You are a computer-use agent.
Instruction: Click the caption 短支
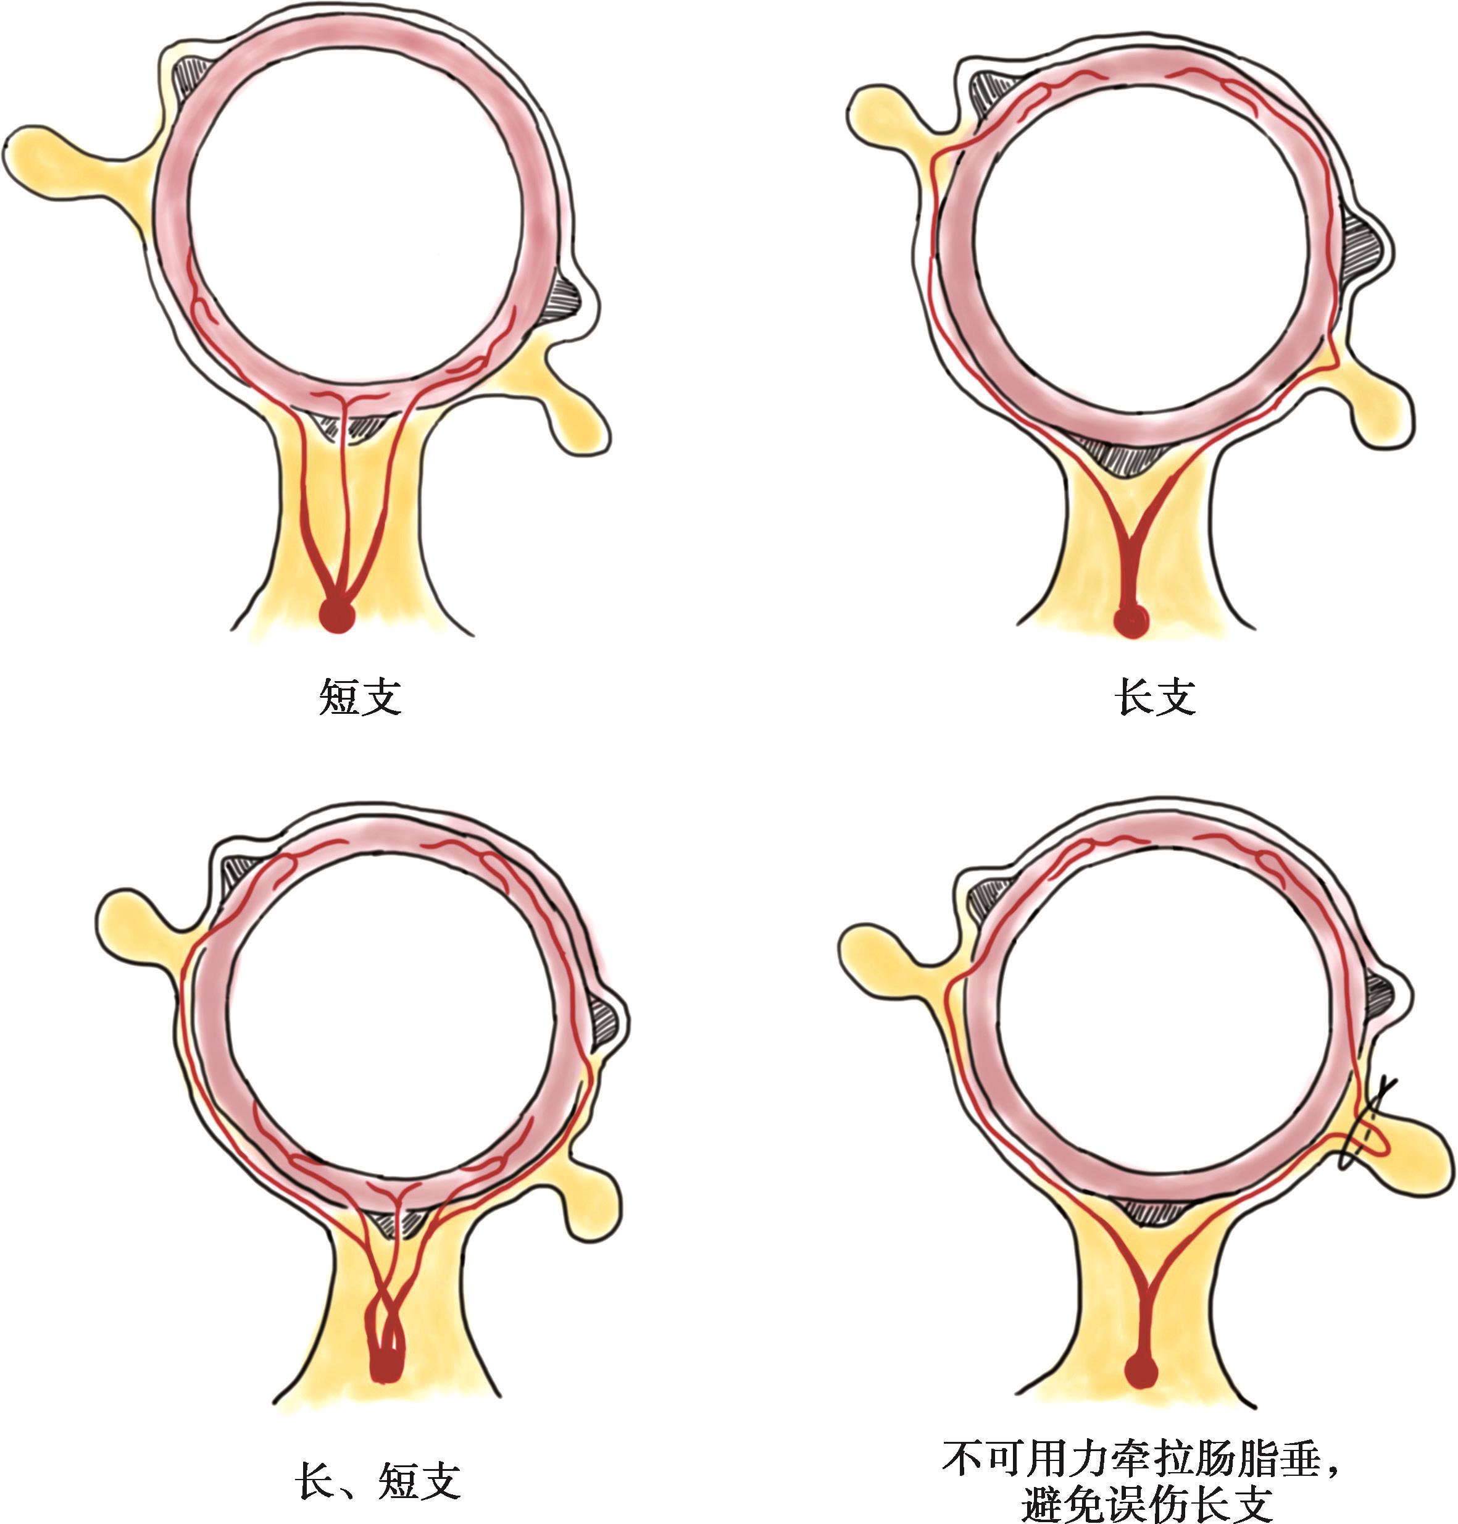tap(360, 696)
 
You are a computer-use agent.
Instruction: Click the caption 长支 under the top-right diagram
tap(1155, 696)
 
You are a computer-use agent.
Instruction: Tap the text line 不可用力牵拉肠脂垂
tap(1140, 1459)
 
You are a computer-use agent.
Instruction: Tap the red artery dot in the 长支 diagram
tap(1131, 621)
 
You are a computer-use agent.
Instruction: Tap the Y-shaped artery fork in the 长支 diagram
tap(1131, 537)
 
